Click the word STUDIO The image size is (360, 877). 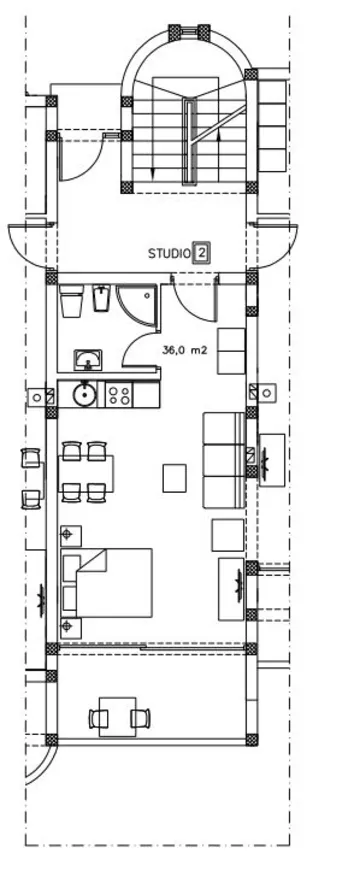pyautogui.click(x=169, y=254)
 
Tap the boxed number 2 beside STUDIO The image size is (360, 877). pyautogui.click(x=202, y=253)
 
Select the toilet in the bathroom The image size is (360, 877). pyautogui.click(x=71, y=301)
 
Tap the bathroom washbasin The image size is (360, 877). pyautogui.click(x=88, y=360)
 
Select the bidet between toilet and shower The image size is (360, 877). pyautogui.click(x=98, y=300)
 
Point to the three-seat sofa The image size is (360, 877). pyautogui.click(x=223, y=459)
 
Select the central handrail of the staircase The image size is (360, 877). pyautogui.click(x=187, y=140)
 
